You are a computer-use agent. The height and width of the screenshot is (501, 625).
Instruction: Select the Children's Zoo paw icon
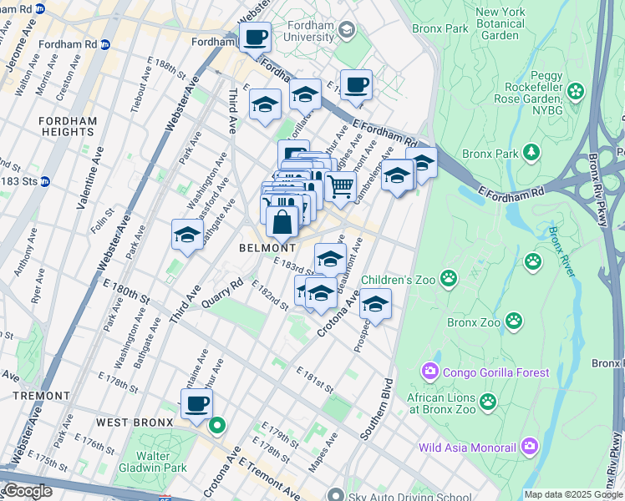pyautogui.click(x=449, y=276)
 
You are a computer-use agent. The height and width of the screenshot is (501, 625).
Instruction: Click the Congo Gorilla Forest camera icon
pyautogui.click(x=430, y=370)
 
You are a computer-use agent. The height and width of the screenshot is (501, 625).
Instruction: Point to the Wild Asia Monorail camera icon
pyautogui.click(x=529, y=447)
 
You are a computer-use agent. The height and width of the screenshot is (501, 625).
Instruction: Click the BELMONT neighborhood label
pyautogui.click(x=267, y=248)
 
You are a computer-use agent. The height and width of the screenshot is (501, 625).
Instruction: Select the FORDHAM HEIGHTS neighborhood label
pyautogui.click(x=68, y=126)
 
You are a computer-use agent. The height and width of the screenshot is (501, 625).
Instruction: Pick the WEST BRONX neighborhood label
pyautogui.click(x=135, y=423)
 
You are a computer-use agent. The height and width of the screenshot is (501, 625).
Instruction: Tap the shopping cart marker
pyautogui.click(x=340, y=186)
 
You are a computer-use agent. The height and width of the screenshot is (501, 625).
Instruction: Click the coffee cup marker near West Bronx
pyautogui.click(x=197, y=404)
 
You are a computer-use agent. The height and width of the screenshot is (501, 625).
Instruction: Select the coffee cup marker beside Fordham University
pyautogui.click(x=256, y=37)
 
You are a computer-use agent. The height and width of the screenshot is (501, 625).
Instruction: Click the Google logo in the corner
pyautogui.click(x=27, y=492)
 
